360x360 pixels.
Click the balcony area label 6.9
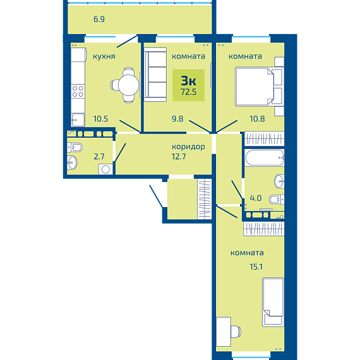[99, 19]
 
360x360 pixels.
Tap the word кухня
[104, 56]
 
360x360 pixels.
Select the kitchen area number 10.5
[100, 119]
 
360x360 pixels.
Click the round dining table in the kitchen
[128, 85]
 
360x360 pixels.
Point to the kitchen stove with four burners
[78, 91]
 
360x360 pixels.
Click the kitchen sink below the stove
[78, 119]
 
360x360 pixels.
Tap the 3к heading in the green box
[188, 81]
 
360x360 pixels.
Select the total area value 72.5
[188, 92]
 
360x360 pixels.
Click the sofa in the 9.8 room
[155, 75]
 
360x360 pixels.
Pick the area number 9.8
[177, 119]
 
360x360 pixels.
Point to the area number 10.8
[257, 119]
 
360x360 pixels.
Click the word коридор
[188, 147]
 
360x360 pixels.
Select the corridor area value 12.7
[179, 157]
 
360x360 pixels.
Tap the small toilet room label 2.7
[99, 157]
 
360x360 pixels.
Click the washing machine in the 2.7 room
[105, 169]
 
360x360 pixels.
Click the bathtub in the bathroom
[265, 157]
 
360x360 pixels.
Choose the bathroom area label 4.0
[256, 198]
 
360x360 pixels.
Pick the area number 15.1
[256, 267]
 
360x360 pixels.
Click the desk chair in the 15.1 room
[236, 332]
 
